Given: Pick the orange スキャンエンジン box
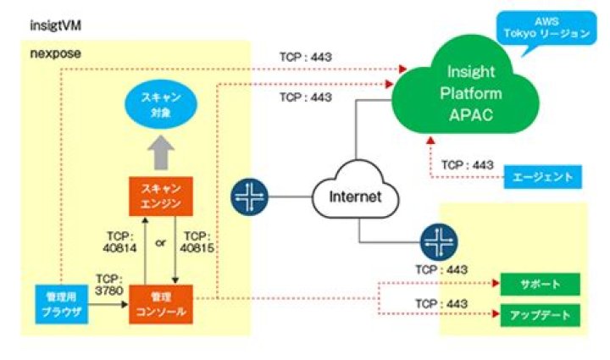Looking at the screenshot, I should coord(161,194).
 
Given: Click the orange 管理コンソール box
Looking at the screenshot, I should coord(161,305).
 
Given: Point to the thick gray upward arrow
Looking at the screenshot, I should coord(161,153).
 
